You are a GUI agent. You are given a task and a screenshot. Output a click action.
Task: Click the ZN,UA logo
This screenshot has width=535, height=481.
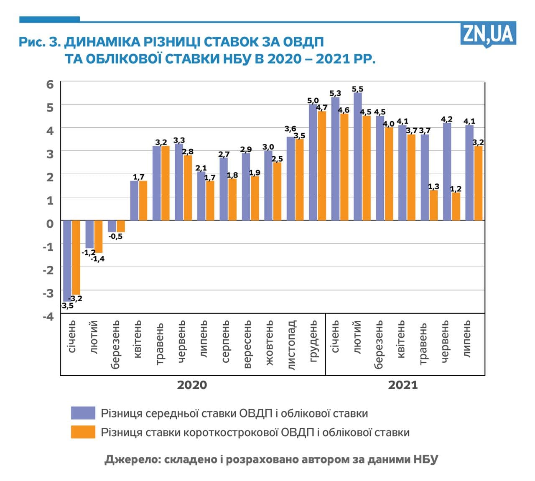488,34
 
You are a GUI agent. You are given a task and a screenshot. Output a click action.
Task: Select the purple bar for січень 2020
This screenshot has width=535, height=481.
67,260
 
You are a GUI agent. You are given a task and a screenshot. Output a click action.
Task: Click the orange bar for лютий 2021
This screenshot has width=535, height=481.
367,168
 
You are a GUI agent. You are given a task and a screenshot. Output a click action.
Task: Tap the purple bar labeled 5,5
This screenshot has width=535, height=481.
358,156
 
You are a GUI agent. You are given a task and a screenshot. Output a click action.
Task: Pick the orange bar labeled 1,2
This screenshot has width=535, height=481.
456,206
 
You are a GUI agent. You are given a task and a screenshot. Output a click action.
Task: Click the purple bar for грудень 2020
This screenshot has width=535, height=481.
313,162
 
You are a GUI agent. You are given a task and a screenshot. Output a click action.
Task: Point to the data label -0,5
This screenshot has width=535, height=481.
116,237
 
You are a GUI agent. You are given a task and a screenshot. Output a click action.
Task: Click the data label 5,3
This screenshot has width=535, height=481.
335,93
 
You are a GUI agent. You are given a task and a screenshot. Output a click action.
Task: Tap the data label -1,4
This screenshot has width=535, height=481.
98,259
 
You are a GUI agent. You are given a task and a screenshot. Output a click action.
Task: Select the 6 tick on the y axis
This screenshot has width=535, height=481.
50,84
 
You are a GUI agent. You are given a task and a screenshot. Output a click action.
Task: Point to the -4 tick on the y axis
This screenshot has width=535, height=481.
48,316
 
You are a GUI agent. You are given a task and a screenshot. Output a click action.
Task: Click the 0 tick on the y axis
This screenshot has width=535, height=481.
50,224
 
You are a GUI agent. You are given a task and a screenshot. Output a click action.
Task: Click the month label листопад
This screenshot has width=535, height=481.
292,345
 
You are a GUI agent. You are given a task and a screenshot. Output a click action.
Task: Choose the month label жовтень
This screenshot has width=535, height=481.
270,343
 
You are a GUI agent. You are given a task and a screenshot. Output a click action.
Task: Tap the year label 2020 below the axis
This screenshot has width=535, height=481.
192,385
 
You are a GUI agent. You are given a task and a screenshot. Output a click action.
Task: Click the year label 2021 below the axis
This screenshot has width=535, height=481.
403,385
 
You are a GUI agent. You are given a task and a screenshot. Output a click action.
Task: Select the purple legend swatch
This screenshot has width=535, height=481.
83,413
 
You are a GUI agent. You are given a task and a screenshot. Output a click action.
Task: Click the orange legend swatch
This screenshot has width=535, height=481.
83,432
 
